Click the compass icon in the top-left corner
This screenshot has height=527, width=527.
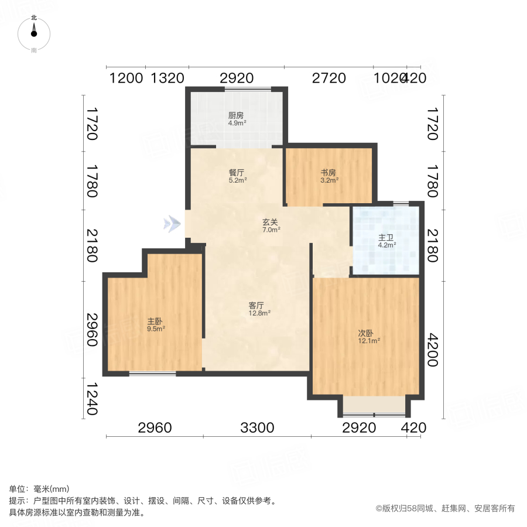point(34,33)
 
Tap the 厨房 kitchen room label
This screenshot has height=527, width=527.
point(236,115)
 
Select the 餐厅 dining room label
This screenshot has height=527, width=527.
point(237,173)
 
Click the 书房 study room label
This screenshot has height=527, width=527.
point(328,173)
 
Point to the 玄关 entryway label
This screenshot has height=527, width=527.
point(270,222)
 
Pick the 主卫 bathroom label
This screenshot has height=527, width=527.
point(385,238)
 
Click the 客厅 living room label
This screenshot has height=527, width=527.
point(256,305)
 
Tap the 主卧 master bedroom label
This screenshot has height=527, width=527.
point(155,321)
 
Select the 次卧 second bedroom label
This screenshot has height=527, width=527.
point(367,333)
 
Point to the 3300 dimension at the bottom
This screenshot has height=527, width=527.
point(256,428)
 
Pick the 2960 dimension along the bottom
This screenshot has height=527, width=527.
point(155,428)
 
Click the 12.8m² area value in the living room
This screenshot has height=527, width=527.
point(259,313)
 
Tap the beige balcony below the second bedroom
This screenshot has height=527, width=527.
point(374,405)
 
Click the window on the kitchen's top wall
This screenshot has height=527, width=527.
point(248,89)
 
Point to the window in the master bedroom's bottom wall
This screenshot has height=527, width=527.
point(152,373)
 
